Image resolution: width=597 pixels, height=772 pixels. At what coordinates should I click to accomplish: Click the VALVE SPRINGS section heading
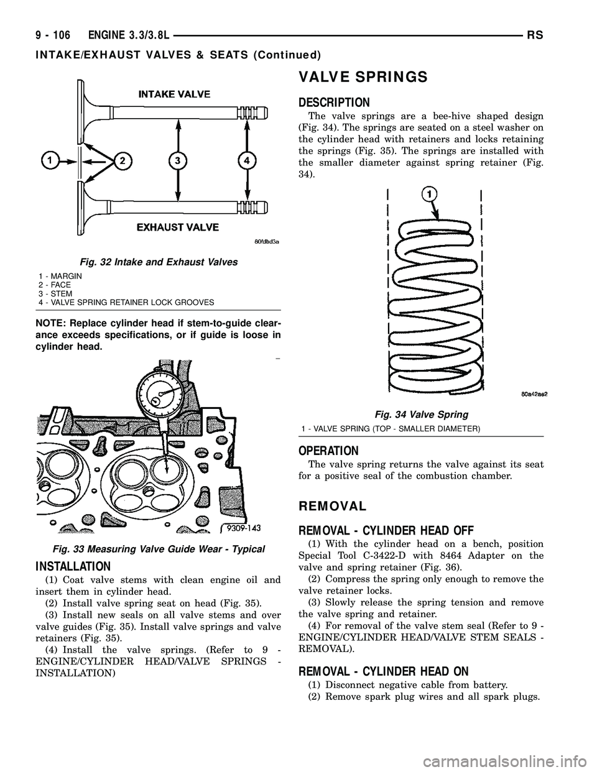(x=363, y=77)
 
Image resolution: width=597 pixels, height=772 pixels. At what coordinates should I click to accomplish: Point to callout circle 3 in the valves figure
(x=178, y=161)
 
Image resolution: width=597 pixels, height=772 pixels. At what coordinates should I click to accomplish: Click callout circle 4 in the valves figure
(x=247, y=161)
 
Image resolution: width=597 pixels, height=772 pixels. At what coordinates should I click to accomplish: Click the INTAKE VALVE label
(x=174, y=94)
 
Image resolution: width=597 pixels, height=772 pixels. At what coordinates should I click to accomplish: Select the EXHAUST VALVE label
(x=177, y=227)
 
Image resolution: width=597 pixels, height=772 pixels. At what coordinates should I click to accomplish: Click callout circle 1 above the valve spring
(x=428, y=195)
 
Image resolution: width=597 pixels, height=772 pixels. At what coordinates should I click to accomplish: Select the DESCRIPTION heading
(x=334, y=103)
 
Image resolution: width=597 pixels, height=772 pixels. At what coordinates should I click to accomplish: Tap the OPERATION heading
(x=328, y=451)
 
